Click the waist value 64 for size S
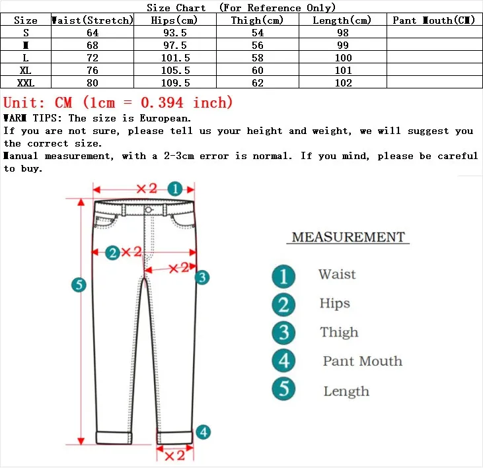tap(92, 33)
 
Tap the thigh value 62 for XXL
tap(257, 83)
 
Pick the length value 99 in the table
tap(343, 46)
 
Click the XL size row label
tap(26, 71)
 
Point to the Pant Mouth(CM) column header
tap(433, 20)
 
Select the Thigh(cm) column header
tap(257, 20)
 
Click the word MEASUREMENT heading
tap(348, 237)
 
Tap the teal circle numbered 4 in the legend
tap(283, 360)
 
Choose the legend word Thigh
tap(339, 332)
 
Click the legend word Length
tap(346, 391)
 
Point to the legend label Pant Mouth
tap(362, 361)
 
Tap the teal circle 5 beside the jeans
tap(79, 285)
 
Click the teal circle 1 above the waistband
tap(174, 189)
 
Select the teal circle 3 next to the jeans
tap(202, 277)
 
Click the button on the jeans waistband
tap(149, 209)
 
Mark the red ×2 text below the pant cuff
tap(174, 455)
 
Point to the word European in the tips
tap(165, 118)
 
